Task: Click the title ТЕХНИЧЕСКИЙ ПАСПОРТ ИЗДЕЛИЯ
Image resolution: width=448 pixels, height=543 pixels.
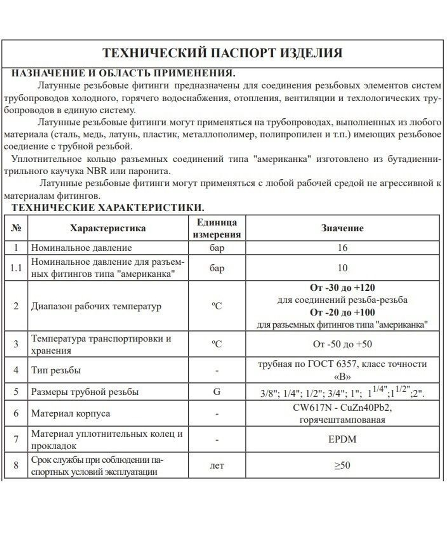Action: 223,53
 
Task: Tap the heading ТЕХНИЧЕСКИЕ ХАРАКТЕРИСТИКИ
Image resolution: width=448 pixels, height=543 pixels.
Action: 108,208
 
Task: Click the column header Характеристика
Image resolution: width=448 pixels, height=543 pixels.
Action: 108,228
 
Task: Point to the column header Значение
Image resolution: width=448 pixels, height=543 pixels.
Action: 342,228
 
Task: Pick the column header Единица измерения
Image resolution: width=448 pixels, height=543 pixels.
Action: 217,228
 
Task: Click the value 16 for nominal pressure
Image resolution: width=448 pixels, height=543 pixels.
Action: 342,248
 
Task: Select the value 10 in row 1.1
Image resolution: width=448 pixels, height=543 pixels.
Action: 342,268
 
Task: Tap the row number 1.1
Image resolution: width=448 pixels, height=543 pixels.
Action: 16,268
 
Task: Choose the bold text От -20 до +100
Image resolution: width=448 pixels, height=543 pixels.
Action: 342,312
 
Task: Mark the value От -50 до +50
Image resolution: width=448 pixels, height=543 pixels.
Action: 342,345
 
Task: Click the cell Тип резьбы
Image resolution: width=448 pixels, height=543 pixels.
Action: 56,371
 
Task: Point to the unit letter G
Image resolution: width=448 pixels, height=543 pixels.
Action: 217,392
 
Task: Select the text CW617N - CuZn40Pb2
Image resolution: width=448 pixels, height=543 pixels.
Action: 342,409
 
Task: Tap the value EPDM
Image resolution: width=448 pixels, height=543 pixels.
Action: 342,440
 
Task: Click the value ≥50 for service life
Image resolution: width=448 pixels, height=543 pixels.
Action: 342,465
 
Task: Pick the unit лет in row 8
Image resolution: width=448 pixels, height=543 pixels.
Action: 217,466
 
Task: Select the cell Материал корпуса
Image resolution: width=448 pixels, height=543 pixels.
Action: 70,414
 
